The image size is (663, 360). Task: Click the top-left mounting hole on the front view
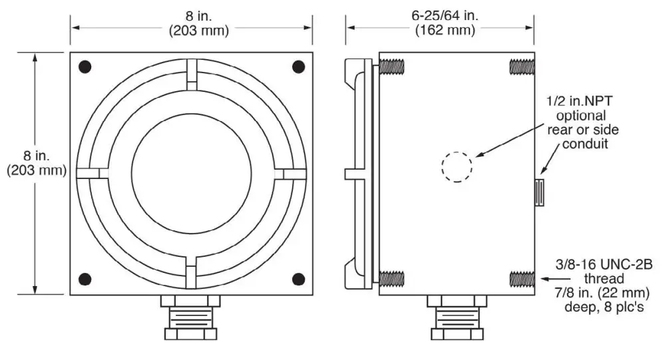coord(85,67)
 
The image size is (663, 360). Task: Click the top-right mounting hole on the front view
coord(299,67)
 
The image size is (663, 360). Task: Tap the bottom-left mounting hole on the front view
coord(85,278)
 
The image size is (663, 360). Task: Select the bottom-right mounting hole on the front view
coord(299,278)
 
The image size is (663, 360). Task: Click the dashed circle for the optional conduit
coord(457,166)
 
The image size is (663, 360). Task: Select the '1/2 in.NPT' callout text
coord(576,100)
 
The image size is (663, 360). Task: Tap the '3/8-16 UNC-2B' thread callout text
coord(604,264)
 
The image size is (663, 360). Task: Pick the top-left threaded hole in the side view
coord(393,67)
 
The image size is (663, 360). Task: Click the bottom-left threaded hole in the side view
coord(393,278)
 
